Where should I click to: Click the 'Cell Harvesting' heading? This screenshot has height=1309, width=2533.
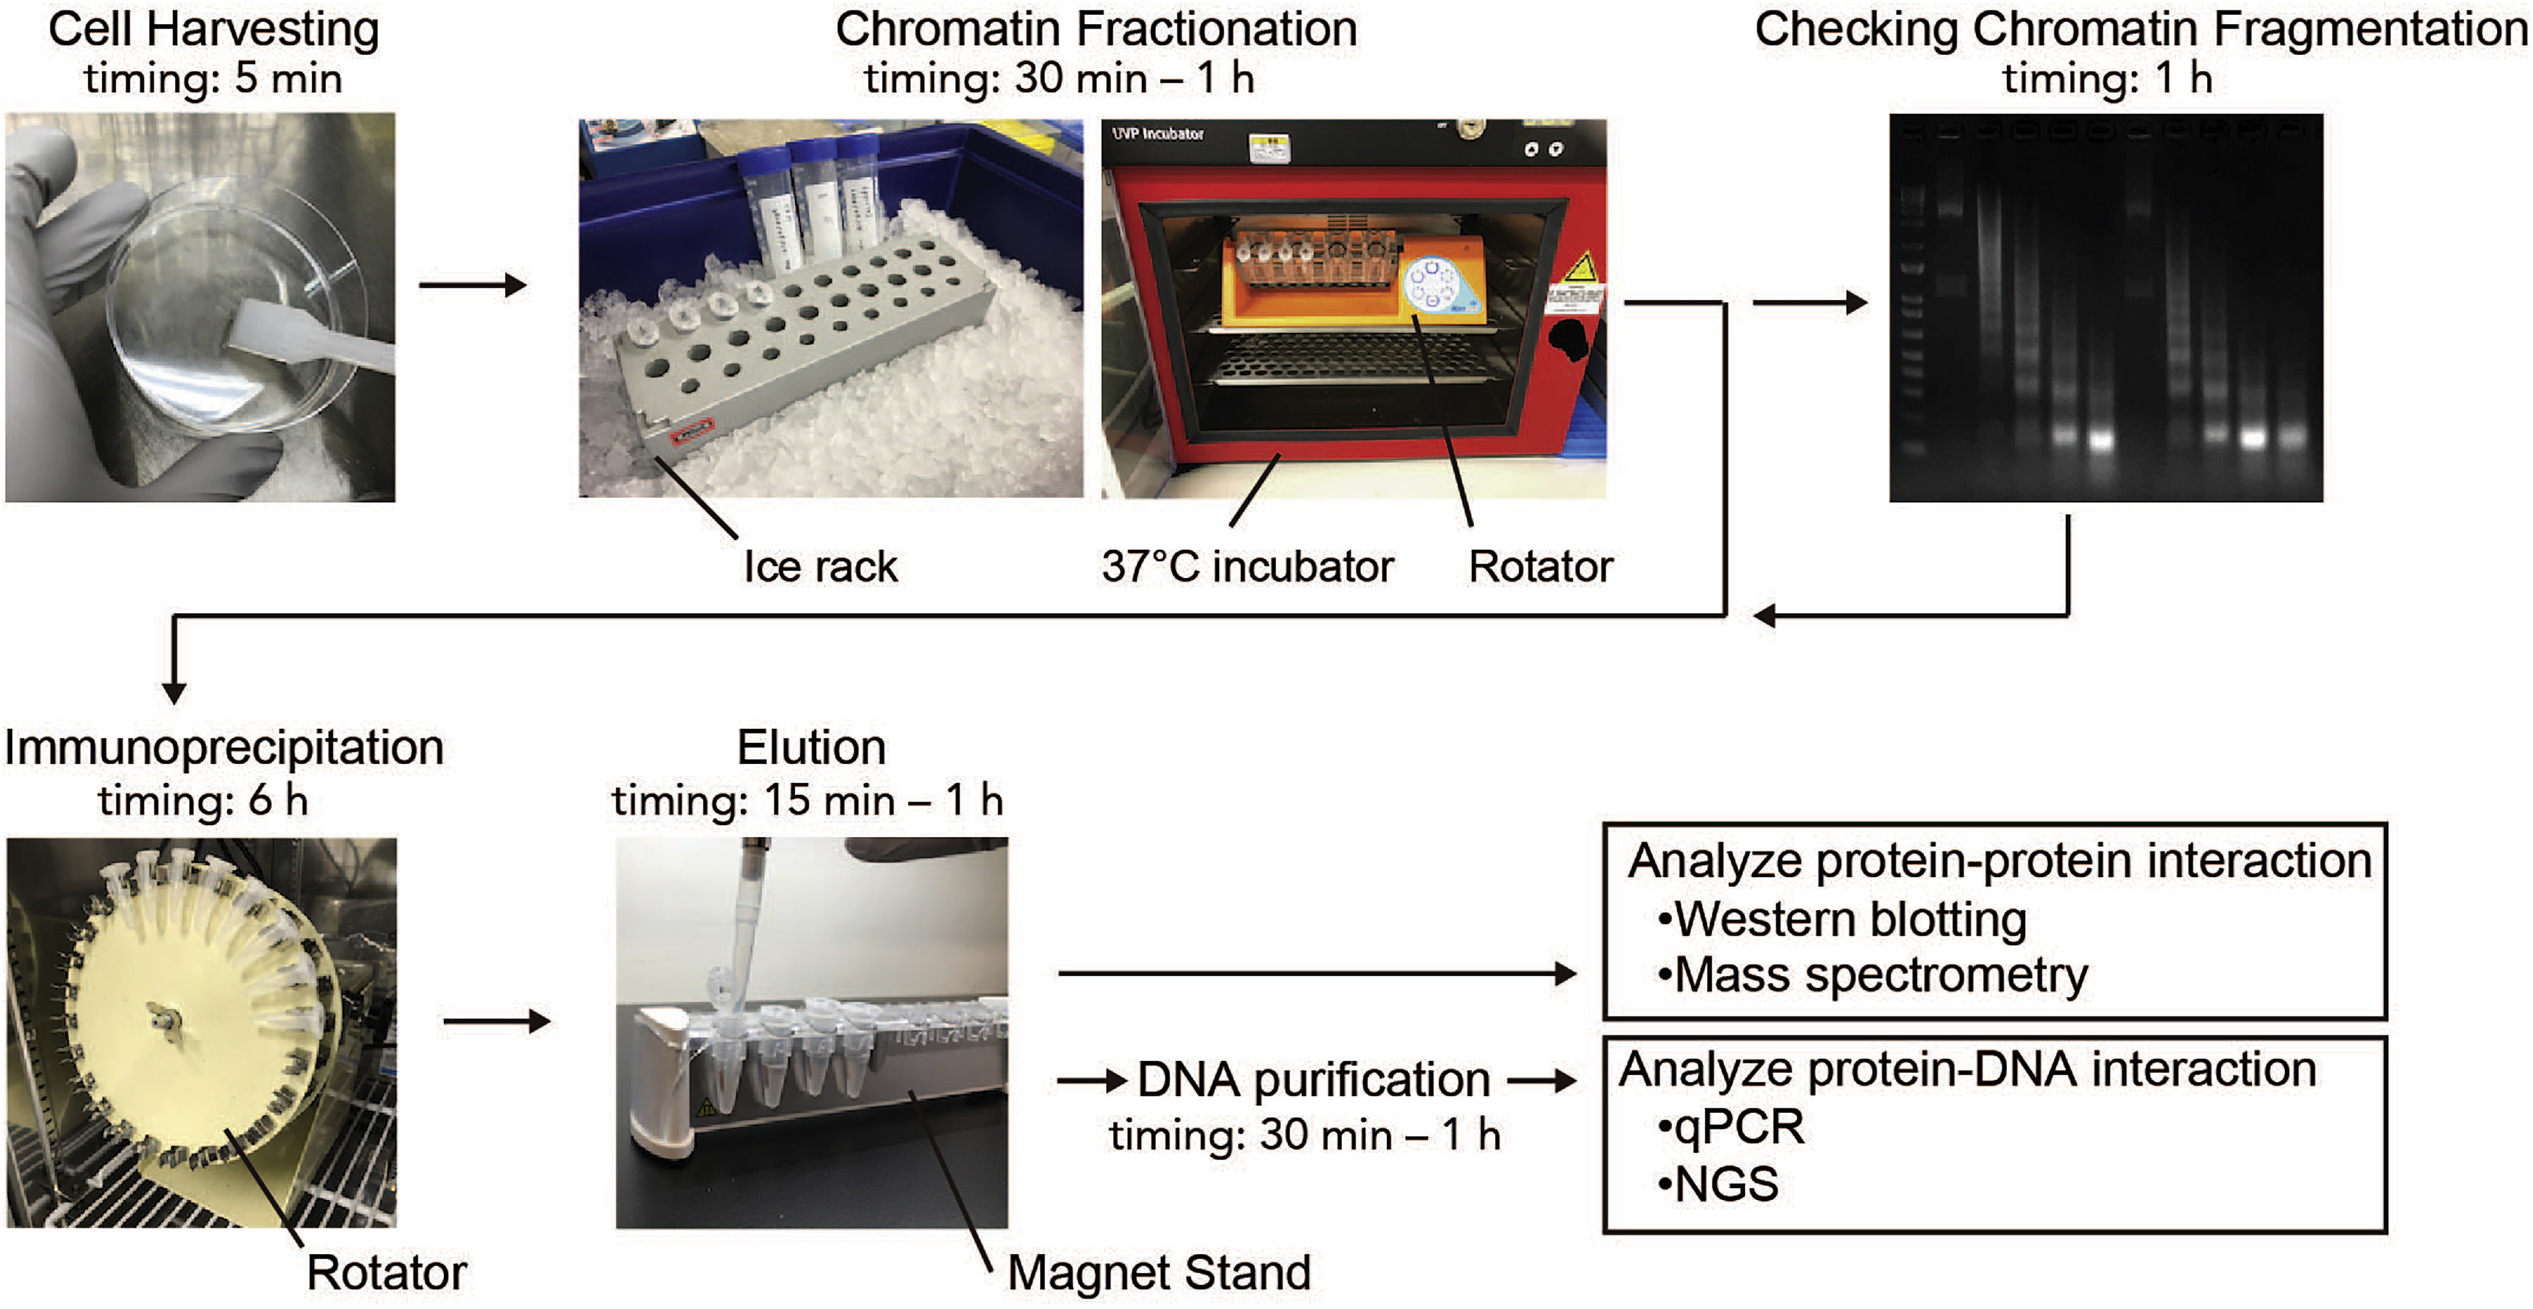point(213,29)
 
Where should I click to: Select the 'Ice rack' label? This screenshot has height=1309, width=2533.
point(820,567)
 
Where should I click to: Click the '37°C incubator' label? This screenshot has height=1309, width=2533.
point(1247,567)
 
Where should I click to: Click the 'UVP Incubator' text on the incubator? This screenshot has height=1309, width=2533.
point(1157,134)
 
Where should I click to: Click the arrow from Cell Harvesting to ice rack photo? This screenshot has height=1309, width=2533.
point(473,286)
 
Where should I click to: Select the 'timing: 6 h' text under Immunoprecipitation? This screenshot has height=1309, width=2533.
point(203,800)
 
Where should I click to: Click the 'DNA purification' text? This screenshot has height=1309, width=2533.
point(1313,1079)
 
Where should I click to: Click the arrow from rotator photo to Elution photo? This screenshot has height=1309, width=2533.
point(497,1021)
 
